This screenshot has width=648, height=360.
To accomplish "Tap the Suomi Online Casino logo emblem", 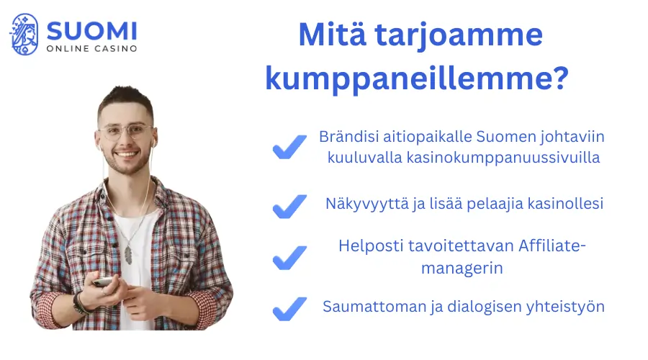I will [24, 34].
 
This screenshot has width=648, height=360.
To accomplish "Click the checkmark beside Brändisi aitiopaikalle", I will [289, 148].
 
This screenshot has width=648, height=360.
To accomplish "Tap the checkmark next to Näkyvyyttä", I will [289, 206].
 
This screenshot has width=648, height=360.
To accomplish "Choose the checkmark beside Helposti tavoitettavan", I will [289, 257].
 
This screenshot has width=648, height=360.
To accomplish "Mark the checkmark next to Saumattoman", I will [289, 309].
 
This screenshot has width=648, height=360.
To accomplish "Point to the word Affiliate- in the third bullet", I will [553, 246].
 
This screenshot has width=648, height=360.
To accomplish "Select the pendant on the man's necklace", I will [128, 253].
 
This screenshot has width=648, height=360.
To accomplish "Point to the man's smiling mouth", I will [127, 154].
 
